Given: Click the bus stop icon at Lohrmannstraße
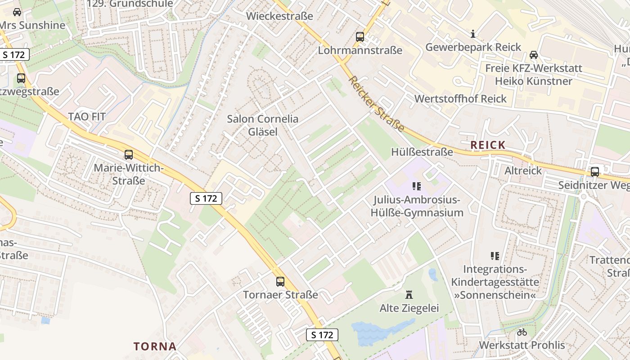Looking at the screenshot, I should point(360,37).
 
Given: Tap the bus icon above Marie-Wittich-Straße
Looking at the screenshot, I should point(129,155).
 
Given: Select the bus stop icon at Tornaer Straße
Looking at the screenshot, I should point(280,282).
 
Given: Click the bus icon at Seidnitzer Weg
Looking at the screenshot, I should point(595,171).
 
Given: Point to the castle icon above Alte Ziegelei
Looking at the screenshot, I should point(409,295).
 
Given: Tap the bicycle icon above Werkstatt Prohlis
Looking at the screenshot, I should point(522,332).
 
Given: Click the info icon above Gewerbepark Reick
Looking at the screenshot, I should point(473,34).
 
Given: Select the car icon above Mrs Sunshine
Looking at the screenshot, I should point(17,12).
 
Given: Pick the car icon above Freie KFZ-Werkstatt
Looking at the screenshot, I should point(534,55).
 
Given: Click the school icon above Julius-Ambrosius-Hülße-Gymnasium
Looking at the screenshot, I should point(417,186).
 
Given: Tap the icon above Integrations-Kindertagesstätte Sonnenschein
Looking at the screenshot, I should point(495,256).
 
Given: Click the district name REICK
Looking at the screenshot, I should point(488,145).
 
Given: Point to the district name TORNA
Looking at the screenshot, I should point(155,346).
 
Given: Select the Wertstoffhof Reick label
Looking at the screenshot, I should point(460,99).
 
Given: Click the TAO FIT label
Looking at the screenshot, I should point(87,117).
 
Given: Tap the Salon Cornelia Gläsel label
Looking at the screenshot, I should point(262,125).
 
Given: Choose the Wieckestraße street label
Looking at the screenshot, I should point(279,16).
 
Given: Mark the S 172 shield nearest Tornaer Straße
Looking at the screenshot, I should point(322,335).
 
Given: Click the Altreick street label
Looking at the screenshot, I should point(523,171).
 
